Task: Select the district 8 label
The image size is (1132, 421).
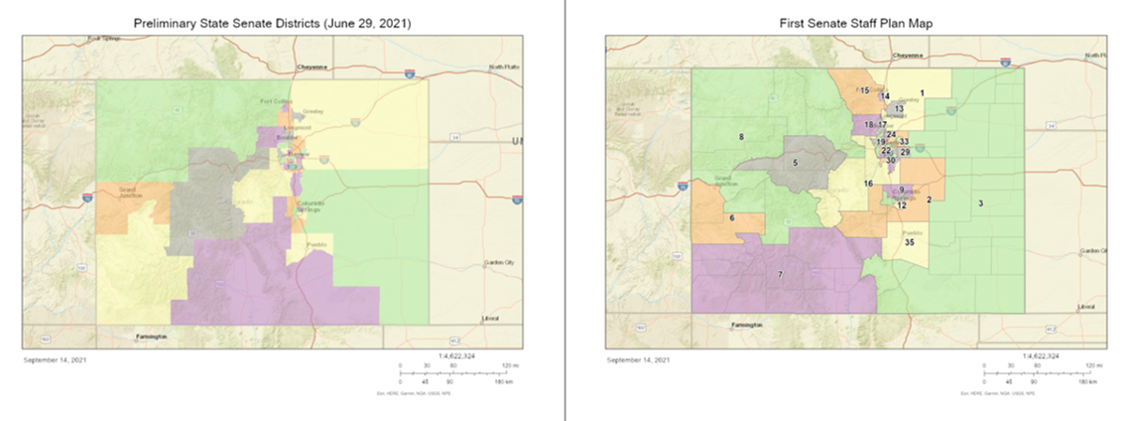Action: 740,136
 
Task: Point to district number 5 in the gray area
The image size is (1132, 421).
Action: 795,162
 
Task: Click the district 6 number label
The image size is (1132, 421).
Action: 732,217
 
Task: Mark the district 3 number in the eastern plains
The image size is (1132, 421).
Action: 980,204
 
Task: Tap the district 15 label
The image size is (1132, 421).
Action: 865,90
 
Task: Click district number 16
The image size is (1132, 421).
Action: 868,184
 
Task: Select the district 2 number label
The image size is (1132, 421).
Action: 929,201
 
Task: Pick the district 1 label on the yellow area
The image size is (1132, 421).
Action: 922,92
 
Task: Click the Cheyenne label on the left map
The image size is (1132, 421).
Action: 313,67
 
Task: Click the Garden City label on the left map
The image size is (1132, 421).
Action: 498,262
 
